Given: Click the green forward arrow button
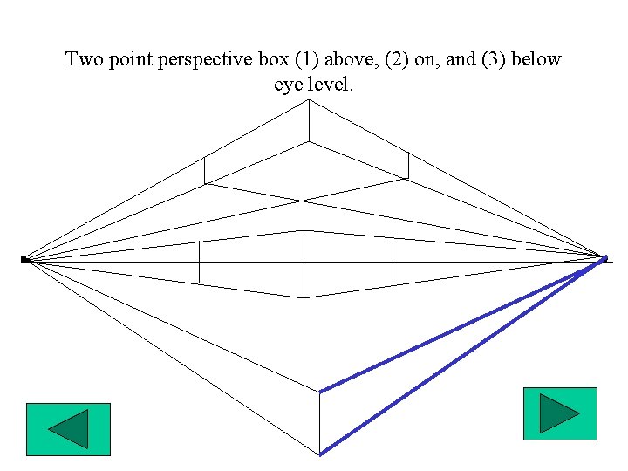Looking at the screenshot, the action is (560, 413).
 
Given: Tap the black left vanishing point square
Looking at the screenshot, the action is (24, 259).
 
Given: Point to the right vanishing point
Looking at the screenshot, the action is (604, 257).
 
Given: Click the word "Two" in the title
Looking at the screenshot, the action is (85, 60).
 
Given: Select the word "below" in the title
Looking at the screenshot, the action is (540, 60).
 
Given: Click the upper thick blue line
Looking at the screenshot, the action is (462, 325).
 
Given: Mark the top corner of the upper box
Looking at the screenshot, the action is (308, 100).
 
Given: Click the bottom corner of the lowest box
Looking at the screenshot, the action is (320, 454).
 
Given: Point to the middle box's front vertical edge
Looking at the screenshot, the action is (304, 263).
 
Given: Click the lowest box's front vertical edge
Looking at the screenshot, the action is (320, 423).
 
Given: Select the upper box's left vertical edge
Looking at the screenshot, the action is (204, 170).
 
